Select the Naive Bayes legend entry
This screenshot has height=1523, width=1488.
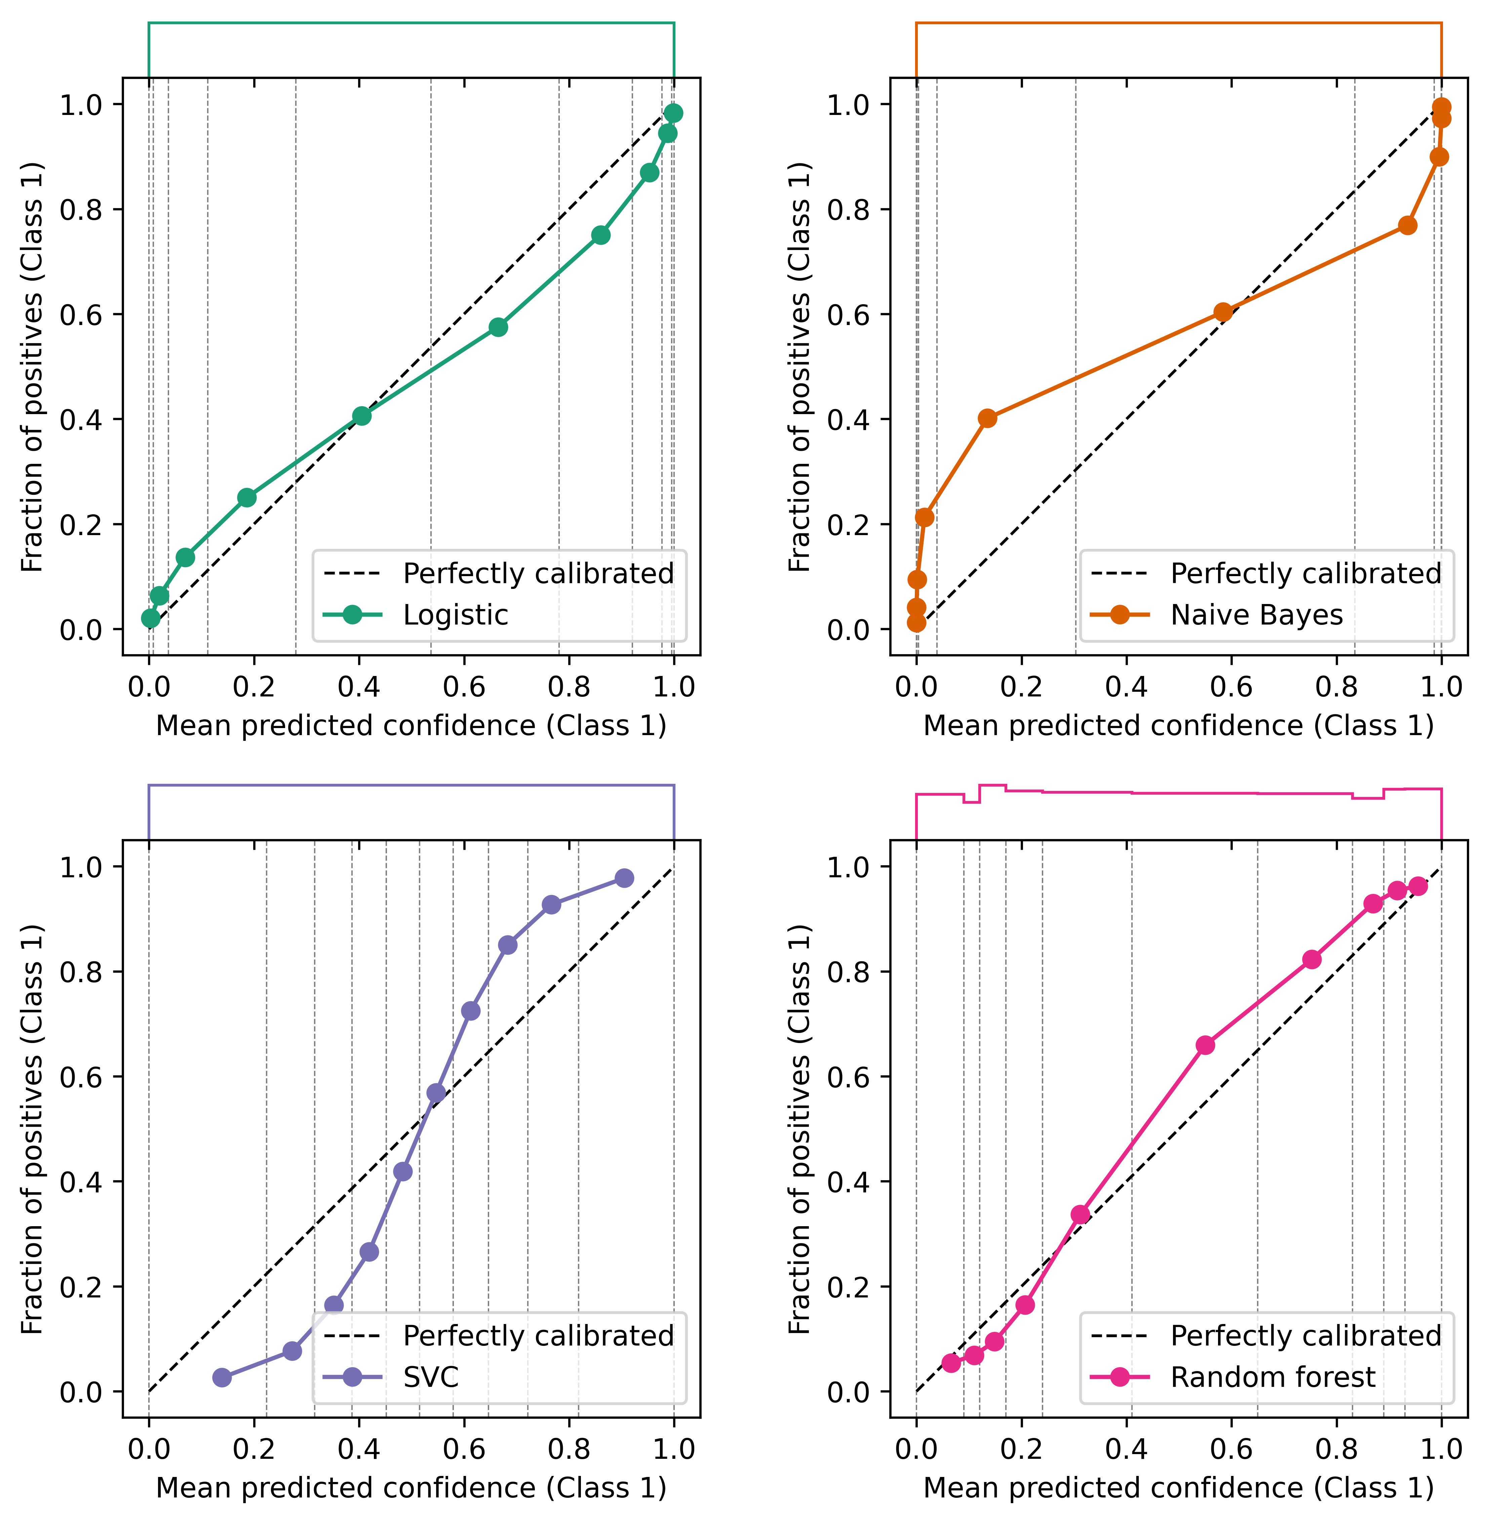click(1256, 615)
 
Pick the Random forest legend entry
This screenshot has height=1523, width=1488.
click(1272, 1377)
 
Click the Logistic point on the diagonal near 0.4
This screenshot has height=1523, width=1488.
click(361, 416)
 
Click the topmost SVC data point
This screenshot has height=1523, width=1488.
click(624, 878)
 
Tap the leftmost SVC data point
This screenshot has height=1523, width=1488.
click(222, 1378)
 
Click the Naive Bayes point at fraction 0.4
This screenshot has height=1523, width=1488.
click(987, 418)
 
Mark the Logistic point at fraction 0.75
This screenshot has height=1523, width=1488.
click(600, 235)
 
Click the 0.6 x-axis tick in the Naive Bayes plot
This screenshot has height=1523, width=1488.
click(1231, 687)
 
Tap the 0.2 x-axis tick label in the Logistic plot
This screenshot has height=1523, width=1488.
click(253, 687)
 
